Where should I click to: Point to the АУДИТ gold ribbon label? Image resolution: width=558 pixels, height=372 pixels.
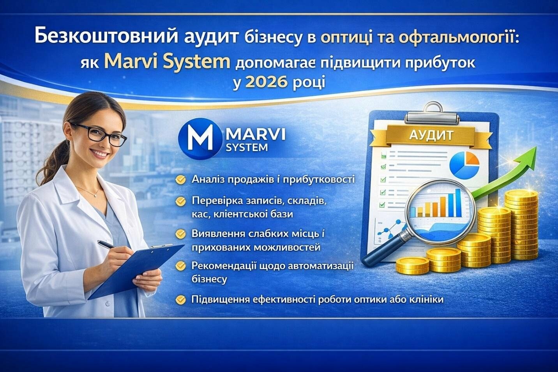pyautogui.click(x=431, y=136)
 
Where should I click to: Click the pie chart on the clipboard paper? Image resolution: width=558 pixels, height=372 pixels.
pyautogui.click(x=464, y=165)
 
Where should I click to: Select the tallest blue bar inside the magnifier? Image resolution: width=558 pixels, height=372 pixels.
pyautogui.click(x=458, y=203)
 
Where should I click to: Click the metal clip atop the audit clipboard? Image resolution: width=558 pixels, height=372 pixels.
pyautogui.click(x=432, y=114)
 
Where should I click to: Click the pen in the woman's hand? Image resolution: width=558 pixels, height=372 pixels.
pyautogui.click(x=107, y=244)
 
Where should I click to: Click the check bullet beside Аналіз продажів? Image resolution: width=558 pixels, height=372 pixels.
pyautogui.click(x=180, y=180)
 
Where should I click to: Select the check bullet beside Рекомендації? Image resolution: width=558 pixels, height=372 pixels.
pyautogui.click(x=180, y=266)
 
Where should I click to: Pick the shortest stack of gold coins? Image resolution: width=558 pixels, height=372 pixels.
pyautogui.click(x=413, y=266)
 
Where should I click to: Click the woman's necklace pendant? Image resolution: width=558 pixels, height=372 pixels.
pyautogui.click(x=95, y=196)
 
